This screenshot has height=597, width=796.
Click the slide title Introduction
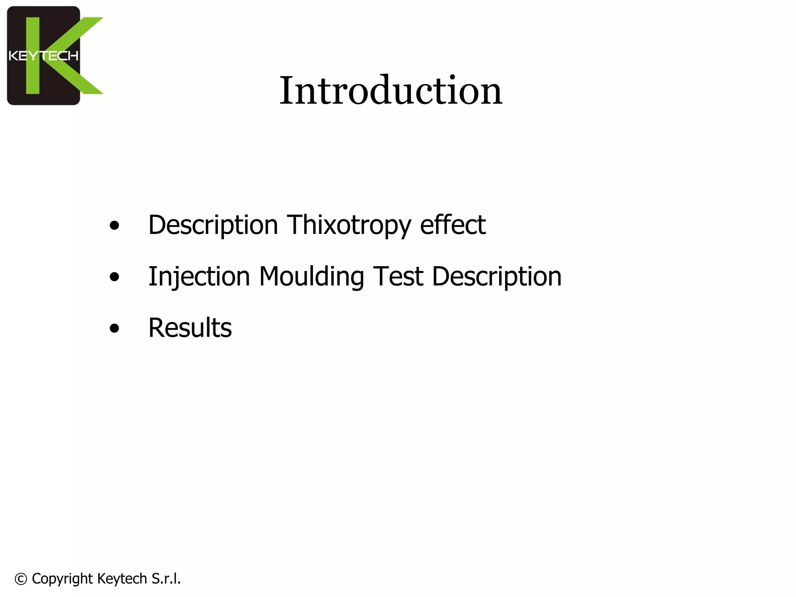[391, 91]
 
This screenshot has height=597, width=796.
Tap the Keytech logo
[54, 56]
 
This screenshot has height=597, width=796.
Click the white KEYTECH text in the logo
[44, 56]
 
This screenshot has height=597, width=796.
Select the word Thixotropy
[349, 225]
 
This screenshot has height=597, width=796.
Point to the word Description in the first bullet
[213, 225]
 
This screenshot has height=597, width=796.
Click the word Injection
[199, 277]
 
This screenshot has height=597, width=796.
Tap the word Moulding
[311, 277]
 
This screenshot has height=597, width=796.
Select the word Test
[398, 276]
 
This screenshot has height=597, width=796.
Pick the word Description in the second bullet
[496, 277]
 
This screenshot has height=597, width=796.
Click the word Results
[190, 328]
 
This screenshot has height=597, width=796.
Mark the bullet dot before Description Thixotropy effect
[114, 225]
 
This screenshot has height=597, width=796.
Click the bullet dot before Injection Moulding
[114, 277]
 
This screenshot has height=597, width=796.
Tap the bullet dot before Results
[114, 328]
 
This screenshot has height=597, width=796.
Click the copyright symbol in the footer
[21, 579]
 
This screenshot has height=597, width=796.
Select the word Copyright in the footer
[62, 579]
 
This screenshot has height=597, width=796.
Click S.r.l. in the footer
[166, 579]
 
